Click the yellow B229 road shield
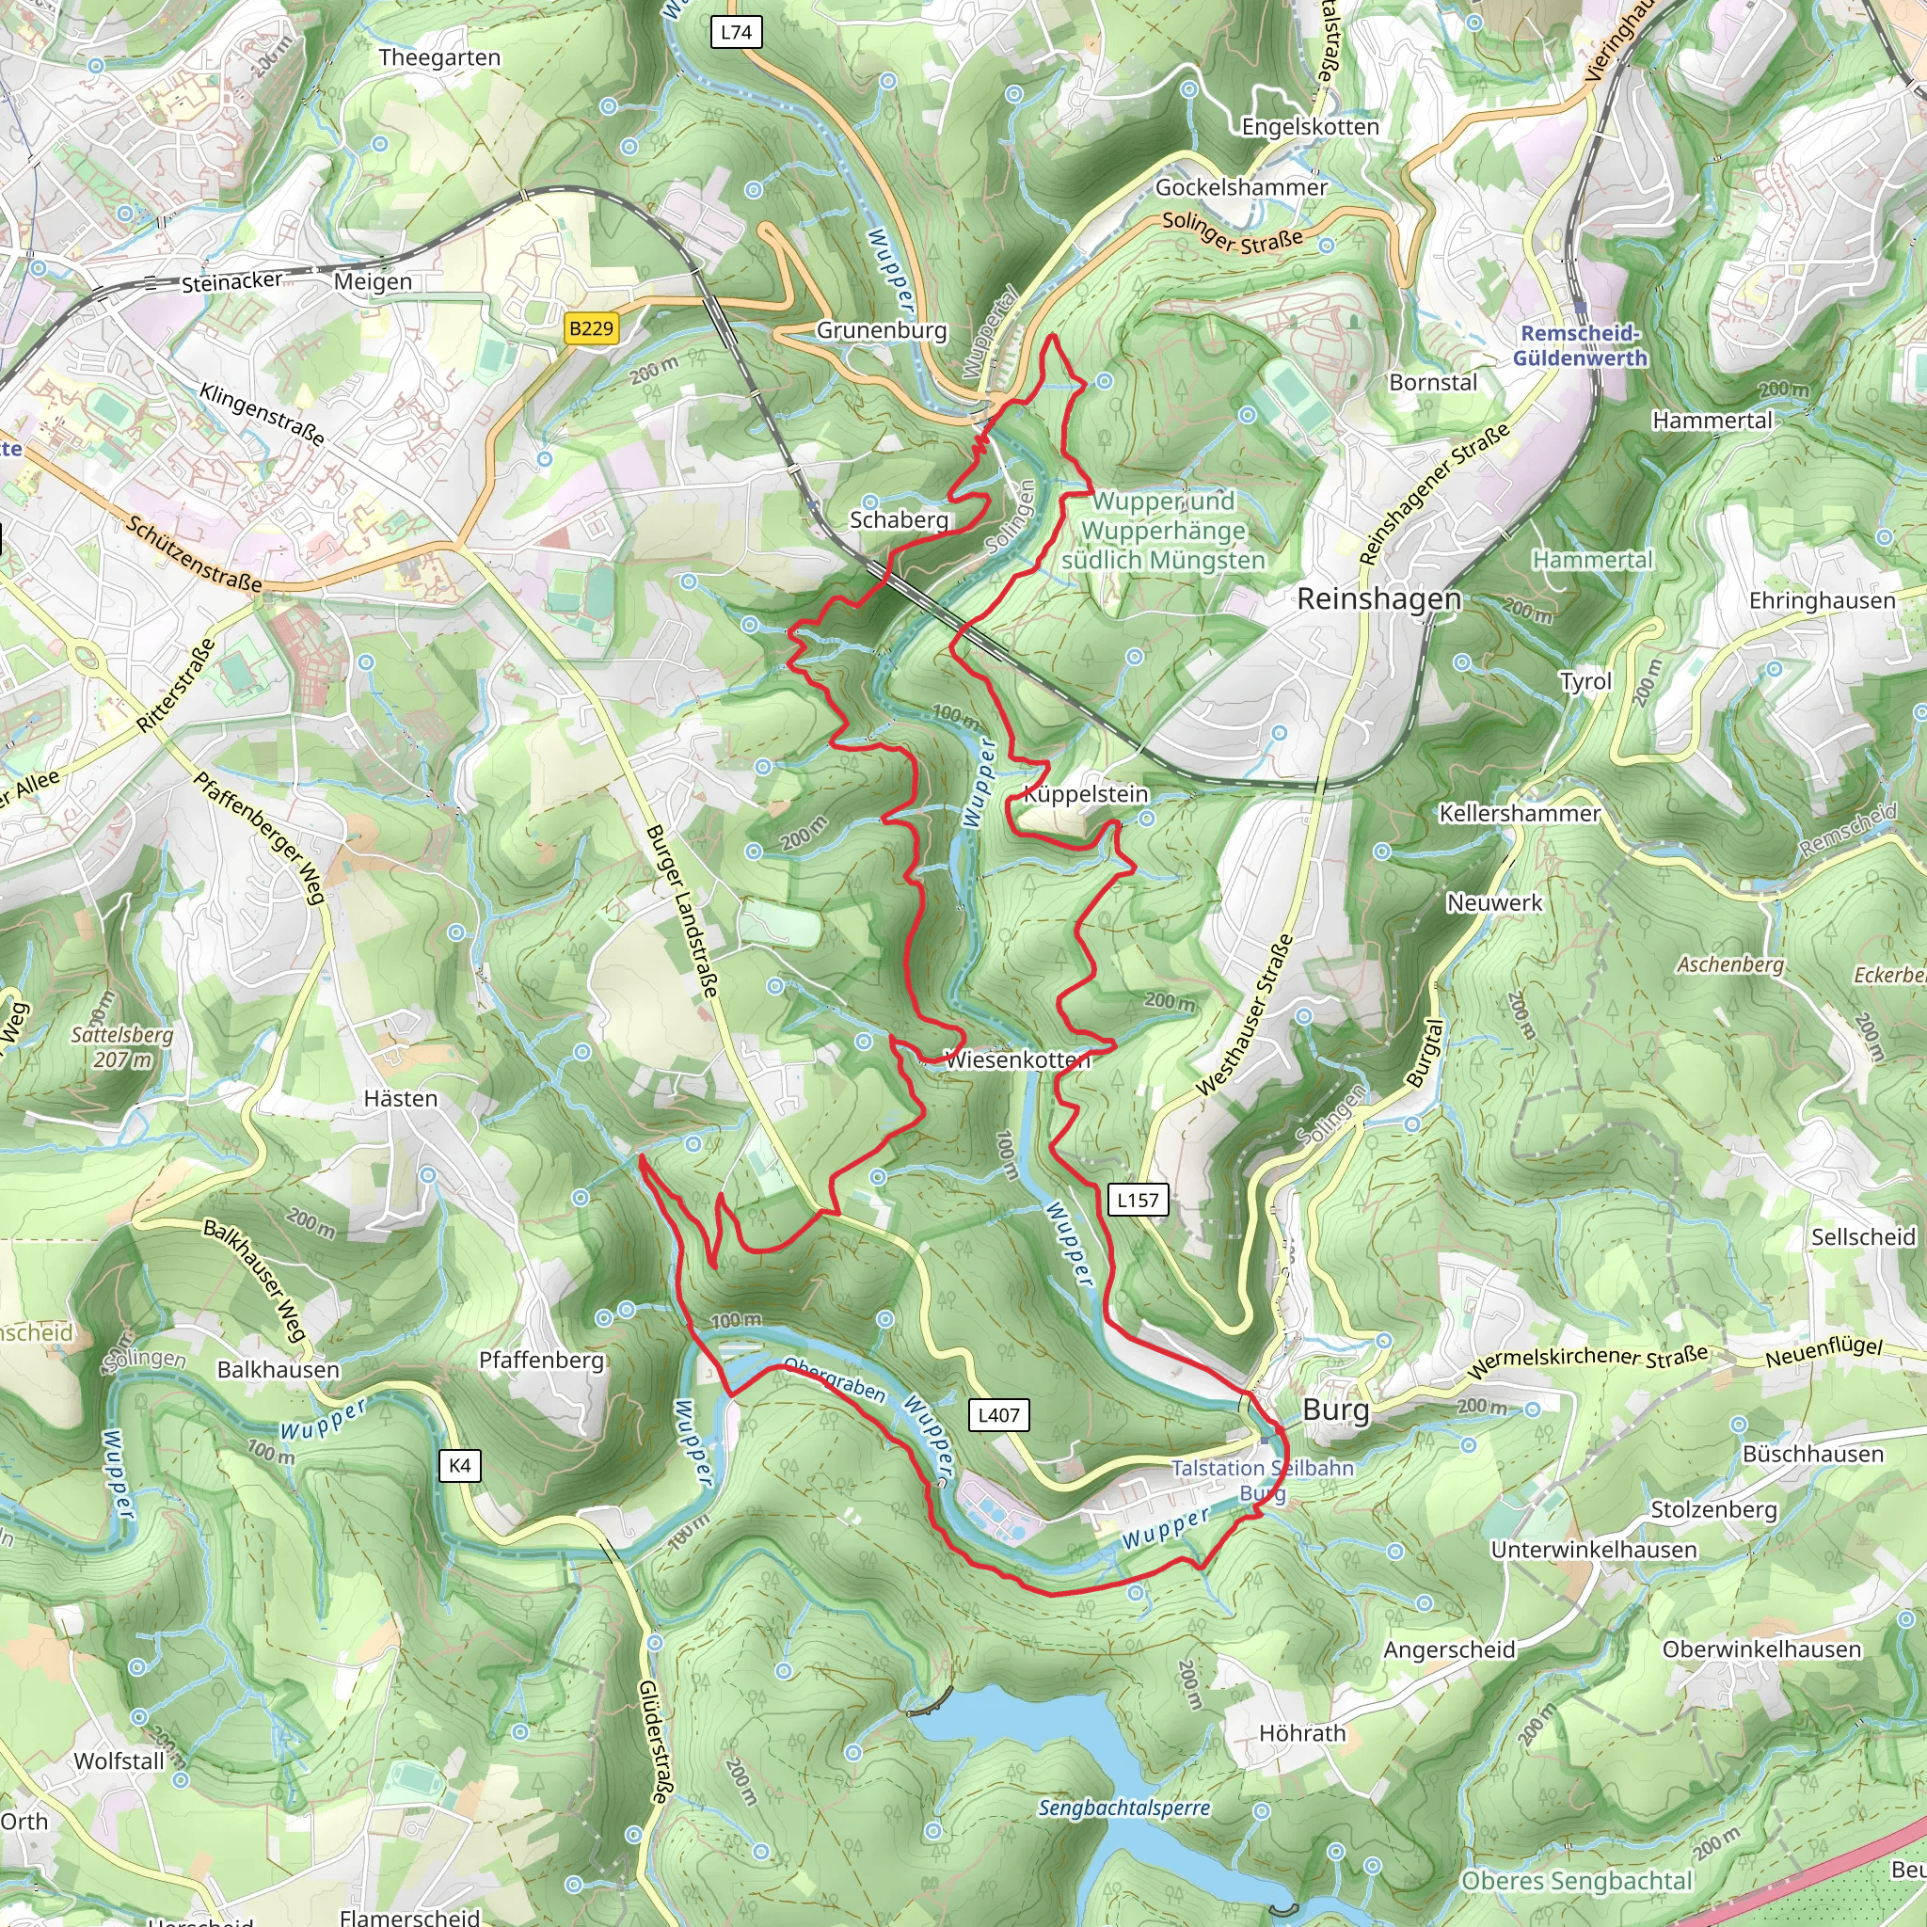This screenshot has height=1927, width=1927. [591, 328]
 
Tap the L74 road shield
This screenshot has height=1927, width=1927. [736, 32]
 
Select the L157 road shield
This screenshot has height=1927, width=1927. [1137, 1200]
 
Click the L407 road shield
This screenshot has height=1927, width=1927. [998, 1414]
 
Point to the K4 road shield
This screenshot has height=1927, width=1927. [460, 1465]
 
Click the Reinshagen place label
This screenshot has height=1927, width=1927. [1378, 598]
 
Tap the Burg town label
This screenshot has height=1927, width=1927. [1335, 1409]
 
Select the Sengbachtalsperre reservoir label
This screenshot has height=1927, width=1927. [1124, 1808]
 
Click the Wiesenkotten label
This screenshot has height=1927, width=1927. [1017, 1060]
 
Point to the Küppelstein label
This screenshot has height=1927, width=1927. [1086, 794]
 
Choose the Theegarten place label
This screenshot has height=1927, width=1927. [439, 57]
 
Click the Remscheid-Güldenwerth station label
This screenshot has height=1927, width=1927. [1580, 346]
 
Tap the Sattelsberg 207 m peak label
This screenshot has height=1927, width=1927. [122, 1047]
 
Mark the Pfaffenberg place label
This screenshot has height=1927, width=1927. [542, 1361]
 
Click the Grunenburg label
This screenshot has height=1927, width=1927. [882, 330]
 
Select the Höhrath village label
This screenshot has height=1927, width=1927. [1301, 1733]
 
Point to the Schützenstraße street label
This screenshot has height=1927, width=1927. [195, 554]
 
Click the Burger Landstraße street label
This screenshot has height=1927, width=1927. [681, 910]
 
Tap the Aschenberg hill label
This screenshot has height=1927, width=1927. [1730, 964]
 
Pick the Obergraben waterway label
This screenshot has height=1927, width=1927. [835, 1379]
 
